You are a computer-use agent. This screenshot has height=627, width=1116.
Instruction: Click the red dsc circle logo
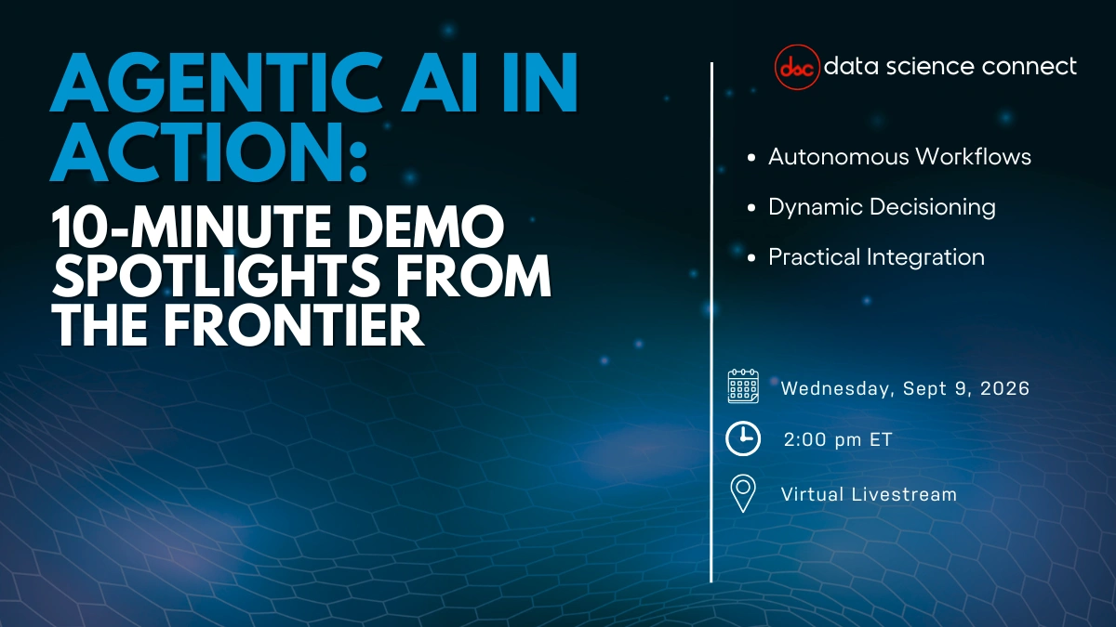(797, 67)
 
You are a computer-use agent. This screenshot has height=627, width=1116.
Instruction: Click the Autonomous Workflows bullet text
(899, 156)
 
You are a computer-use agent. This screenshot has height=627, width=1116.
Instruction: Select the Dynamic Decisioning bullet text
(882, 206)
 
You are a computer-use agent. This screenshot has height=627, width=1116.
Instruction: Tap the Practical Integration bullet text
(876, 256)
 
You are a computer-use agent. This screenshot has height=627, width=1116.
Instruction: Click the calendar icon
(743, 386)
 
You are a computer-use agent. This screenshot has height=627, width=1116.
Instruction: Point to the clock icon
(743, 439)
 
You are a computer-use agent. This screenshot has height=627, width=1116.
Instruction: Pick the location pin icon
(743, 493)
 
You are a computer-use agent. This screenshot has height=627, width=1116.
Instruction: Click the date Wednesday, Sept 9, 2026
(905, 388)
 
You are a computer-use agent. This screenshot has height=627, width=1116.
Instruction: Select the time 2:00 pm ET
(837, 440)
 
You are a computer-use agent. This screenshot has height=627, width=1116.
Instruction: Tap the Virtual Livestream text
(869, 494)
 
